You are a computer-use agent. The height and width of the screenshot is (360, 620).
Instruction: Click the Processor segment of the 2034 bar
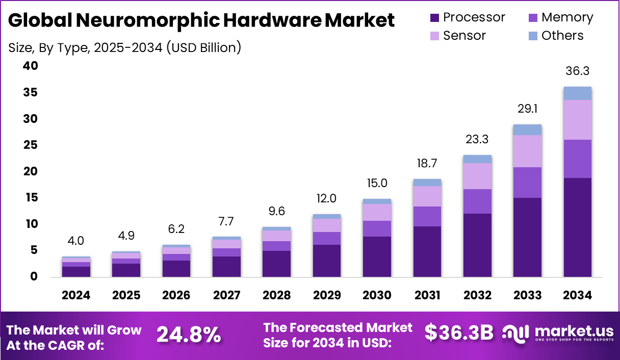click(577, 227)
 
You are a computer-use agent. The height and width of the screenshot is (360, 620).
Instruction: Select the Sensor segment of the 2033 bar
click(527, 151)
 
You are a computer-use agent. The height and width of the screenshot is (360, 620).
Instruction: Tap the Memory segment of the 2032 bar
click(478, 201)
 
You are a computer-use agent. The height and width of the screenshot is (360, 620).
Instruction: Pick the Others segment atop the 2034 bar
click(577, 93)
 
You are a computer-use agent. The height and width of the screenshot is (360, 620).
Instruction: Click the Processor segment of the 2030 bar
click(377, 256)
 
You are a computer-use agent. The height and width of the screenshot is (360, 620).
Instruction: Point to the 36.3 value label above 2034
click(577, 71)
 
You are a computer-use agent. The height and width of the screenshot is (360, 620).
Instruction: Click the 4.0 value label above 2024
click(76, 241)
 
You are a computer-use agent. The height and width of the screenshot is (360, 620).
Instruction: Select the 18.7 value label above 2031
click(427, 163)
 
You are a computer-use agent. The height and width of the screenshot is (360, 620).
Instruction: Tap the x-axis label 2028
click(276, 296)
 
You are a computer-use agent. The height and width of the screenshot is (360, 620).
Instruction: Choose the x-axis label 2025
click(126, 296)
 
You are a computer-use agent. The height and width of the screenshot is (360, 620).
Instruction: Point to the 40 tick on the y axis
click(30, 66)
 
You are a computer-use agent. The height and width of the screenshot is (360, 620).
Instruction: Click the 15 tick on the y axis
click(30, 197)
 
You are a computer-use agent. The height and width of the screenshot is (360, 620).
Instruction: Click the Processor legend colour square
click(434, 18)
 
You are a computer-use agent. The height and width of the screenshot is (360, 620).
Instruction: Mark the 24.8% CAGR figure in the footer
click(189, 335)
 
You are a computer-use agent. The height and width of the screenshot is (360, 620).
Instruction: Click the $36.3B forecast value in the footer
click(459, 333)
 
